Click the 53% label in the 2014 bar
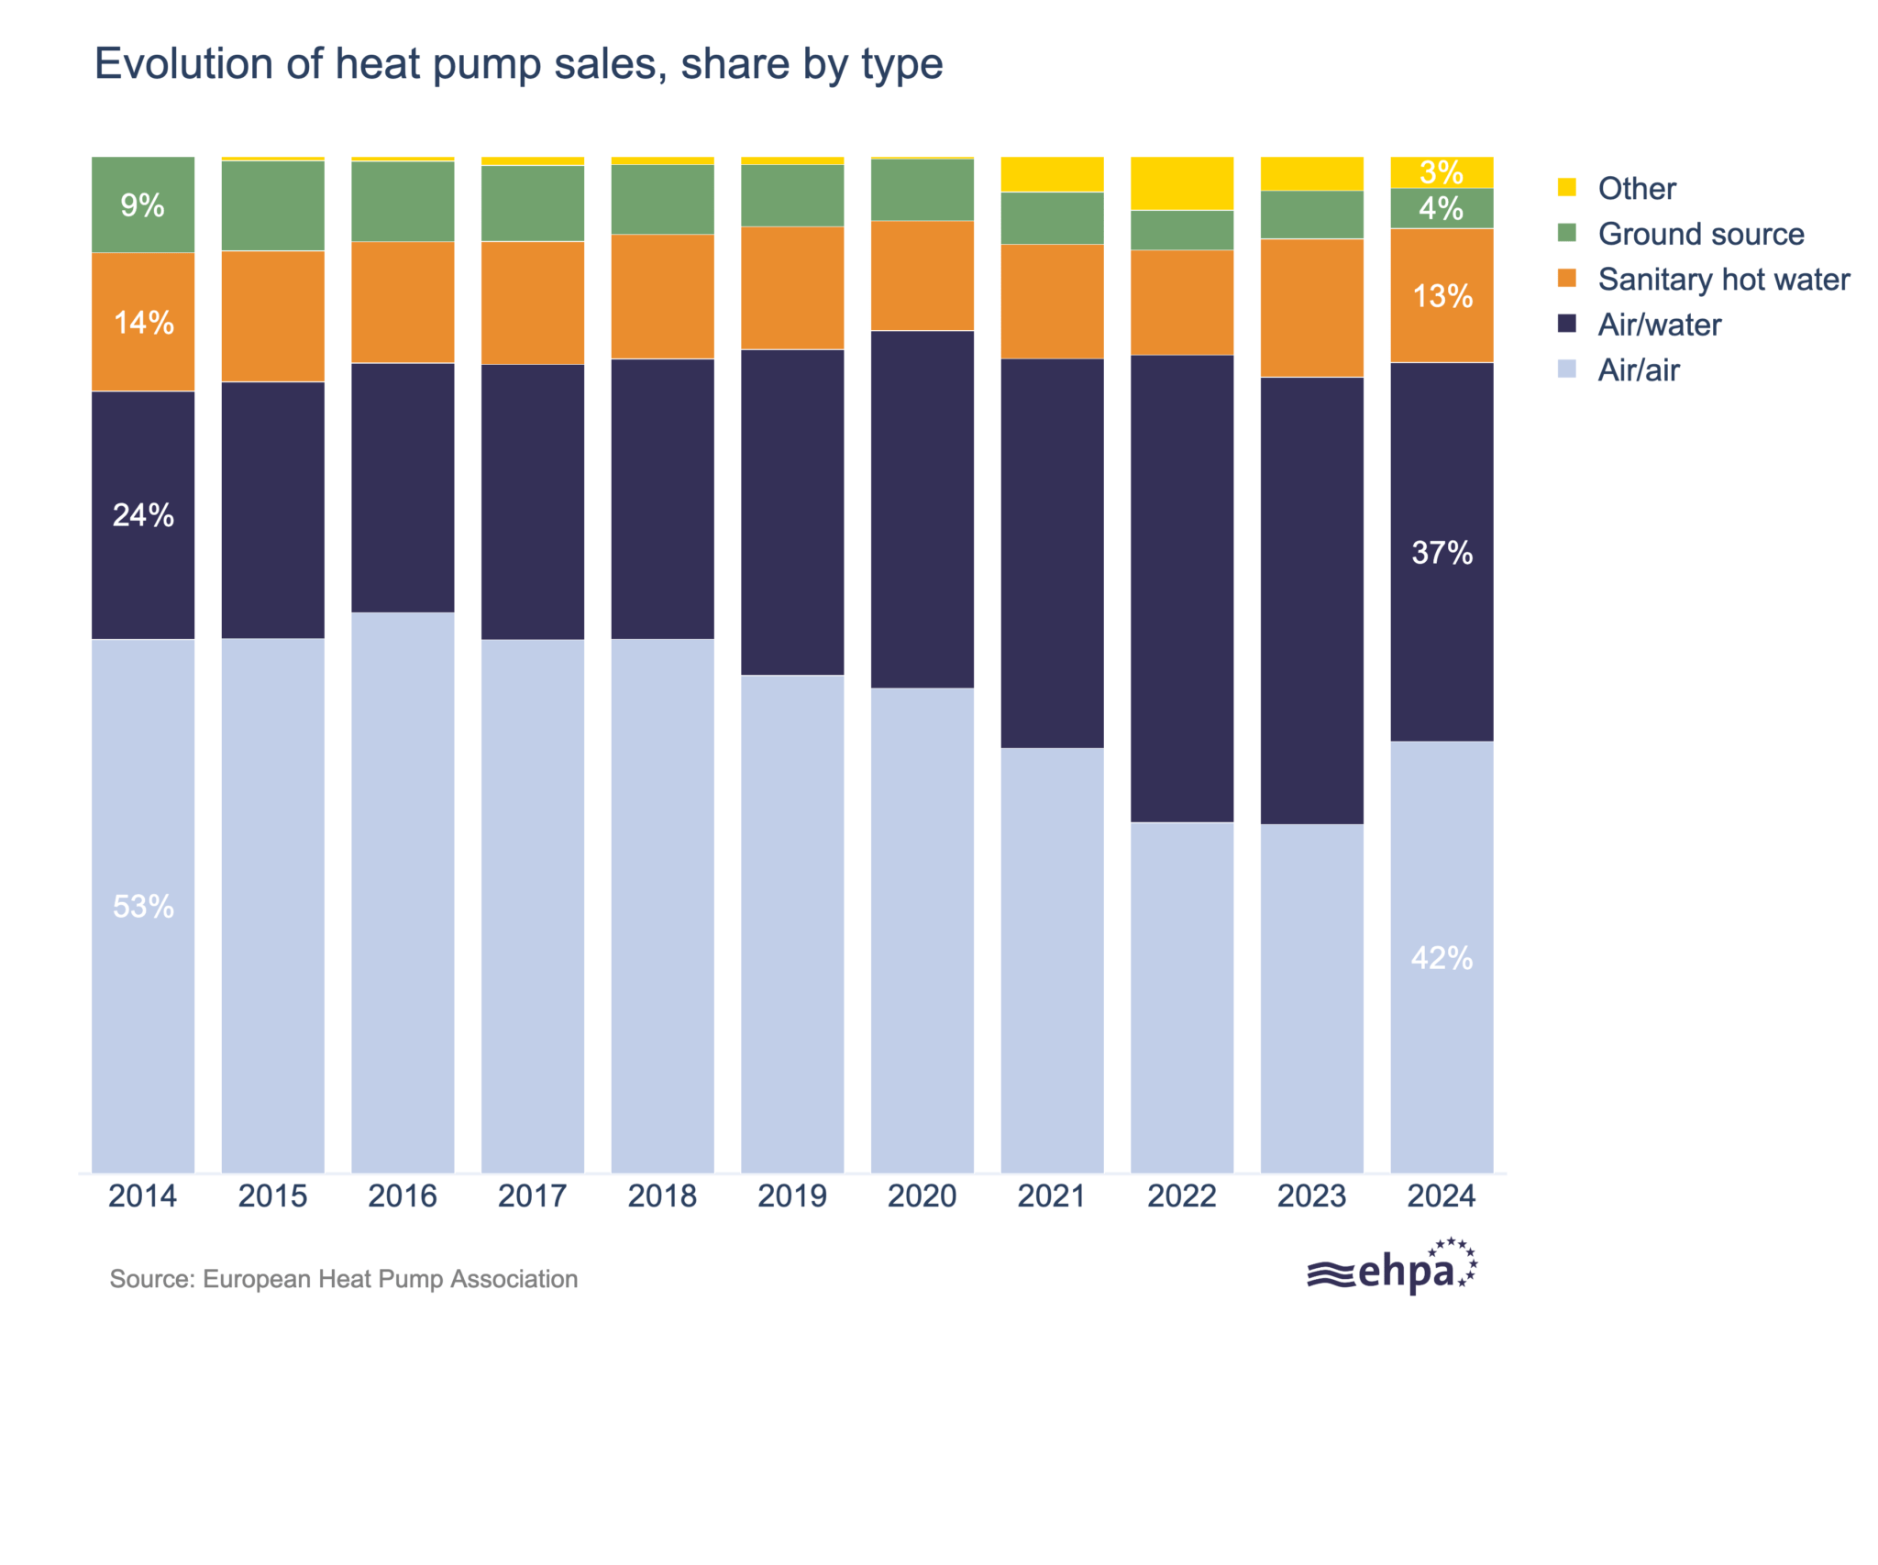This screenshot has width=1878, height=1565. pos(143,906)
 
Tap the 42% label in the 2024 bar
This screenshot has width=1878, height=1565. pos(1442,957)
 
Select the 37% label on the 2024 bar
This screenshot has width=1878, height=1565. pos(1442,552)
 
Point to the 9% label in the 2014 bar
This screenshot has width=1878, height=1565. pos(143,204)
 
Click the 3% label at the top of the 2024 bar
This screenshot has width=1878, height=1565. pos(1442,171)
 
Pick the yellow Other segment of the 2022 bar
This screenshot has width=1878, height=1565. pos(1181,183)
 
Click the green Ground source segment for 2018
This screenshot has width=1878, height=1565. pos(662,199)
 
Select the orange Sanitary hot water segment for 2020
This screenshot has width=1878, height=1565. pos(922,275)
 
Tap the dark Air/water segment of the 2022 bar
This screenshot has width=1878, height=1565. pos(1181,587)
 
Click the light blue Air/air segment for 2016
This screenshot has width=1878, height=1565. pos(403,889)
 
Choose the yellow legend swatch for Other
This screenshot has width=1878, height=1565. pos(1566,187)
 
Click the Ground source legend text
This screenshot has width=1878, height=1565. pos(1700,234)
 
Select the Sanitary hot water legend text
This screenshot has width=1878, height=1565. pos(1723,279)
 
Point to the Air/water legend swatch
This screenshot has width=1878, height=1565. pos(1566,324)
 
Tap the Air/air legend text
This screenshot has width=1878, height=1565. pos(1638,369)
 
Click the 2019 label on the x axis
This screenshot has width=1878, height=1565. pos(791,1196)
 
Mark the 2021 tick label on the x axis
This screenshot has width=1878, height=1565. pos(1051,1196)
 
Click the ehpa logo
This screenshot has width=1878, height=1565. pos(1392,1268)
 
